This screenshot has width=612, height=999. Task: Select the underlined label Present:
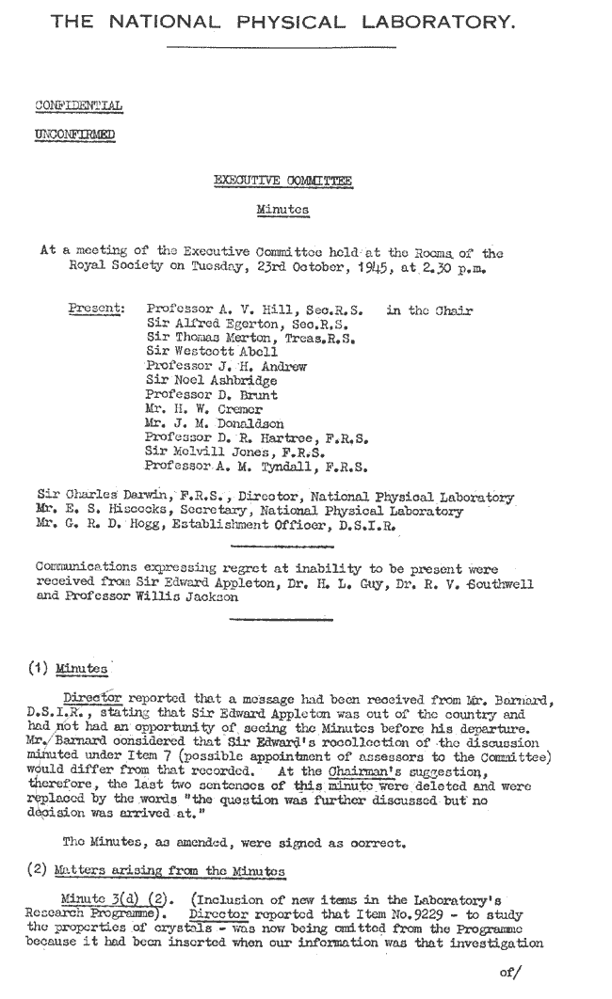97,309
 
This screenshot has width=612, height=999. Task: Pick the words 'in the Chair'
429,309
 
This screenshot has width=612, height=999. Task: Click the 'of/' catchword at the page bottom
510,974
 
